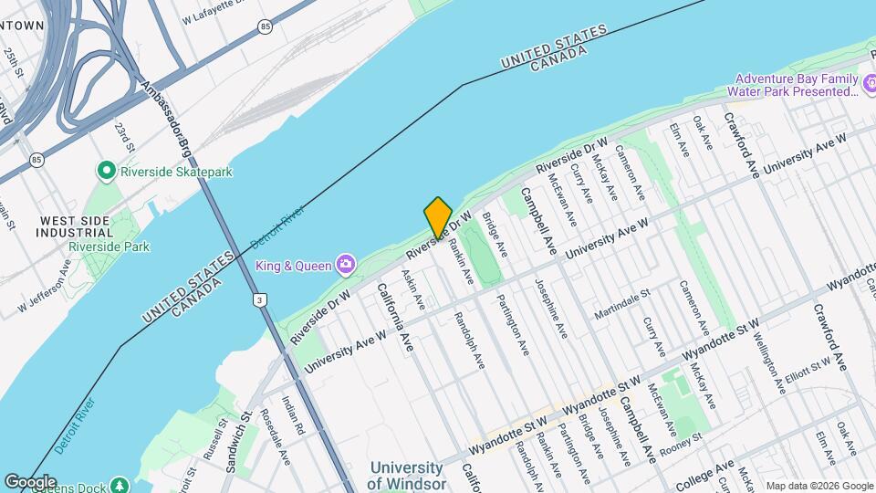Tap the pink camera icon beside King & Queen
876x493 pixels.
[345, 265]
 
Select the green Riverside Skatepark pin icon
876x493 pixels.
[107, 171]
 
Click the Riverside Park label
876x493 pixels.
[109, 246]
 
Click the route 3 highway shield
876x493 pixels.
[260, 299]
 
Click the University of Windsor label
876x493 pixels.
[408, 476]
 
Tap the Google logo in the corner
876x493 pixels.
[29, 482]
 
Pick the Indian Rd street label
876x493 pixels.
[291, 414]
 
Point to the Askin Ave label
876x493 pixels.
[414, 289]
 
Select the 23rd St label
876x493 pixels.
[124, 136]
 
